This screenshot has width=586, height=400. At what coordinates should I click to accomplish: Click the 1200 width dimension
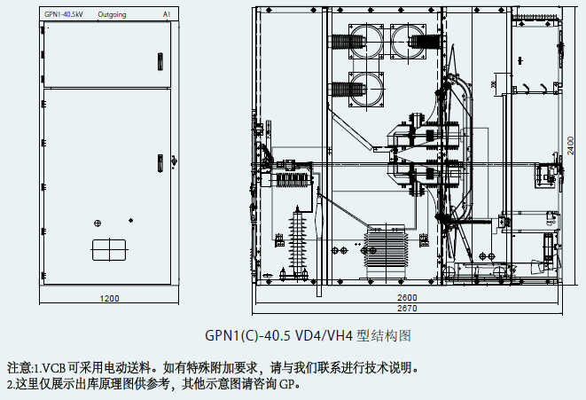[109, 298]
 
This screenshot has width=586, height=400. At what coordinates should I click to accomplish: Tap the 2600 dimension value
[407, 296]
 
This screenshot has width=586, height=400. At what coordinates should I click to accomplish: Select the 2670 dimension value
[407, 309]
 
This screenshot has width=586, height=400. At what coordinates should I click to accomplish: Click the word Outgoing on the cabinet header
[112, 15]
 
